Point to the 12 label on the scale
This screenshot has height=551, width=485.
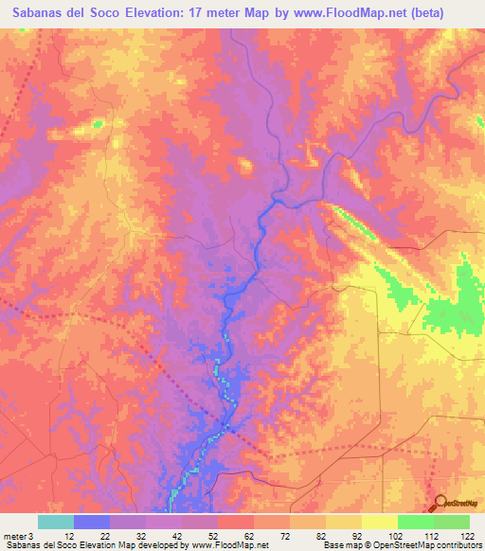[x=58, y=536]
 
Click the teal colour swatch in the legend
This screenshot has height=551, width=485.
[x=55, y=522]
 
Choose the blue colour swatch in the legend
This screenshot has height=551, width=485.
[x=91, y=522]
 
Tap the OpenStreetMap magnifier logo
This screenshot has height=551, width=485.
[x=440, y=503]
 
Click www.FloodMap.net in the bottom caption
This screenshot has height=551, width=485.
[x=228, y=545]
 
